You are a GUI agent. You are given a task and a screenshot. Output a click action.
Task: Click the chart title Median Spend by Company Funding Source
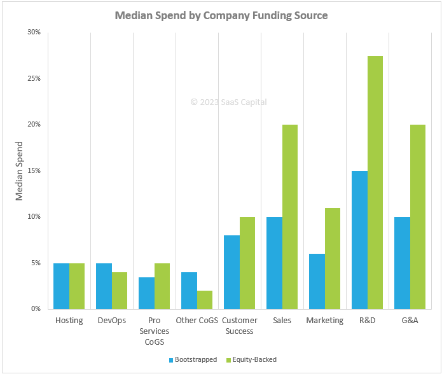(221, 15)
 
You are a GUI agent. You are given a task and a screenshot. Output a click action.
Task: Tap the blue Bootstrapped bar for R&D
(359, 240)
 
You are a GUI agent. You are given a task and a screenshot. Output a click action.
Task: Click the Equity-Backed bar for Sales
(289, 216)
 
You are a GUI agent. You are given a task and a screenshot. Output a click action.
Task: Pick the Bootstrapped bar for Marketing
(317, 281)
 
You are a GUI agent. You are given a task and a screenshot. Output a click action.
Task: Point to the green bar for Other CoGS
(204, 300)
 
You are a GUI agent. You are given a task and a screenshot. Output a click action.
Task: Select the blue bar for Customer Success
(231, 272)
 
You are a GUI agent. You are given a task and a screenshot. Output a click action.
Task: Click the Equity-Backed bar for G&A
(417, 216)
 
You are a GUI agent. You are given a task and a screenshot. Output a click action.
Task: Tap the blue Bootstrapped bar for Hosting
(61, 286)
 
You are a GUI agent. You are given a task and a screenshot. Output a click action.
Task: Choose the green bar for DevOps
(119, 290)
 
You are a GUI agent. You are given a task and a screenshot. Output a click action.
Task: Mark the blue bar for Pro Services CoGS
(146, 293)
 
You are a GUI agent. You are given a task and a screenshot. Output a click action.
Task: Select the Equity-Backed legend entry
(252, 359)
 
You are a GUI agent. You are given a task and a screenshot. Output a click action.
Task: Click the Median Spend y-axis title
(19, 170)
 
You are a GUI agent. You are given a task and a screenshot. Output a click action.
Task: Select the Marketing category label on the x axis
(324, 321)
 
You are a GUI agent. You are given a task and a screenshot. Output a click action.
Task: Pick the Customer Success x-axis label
(239, 326)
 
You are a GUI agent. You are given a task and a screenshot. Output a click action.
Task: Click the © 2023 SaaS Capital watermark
(228, 102)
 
